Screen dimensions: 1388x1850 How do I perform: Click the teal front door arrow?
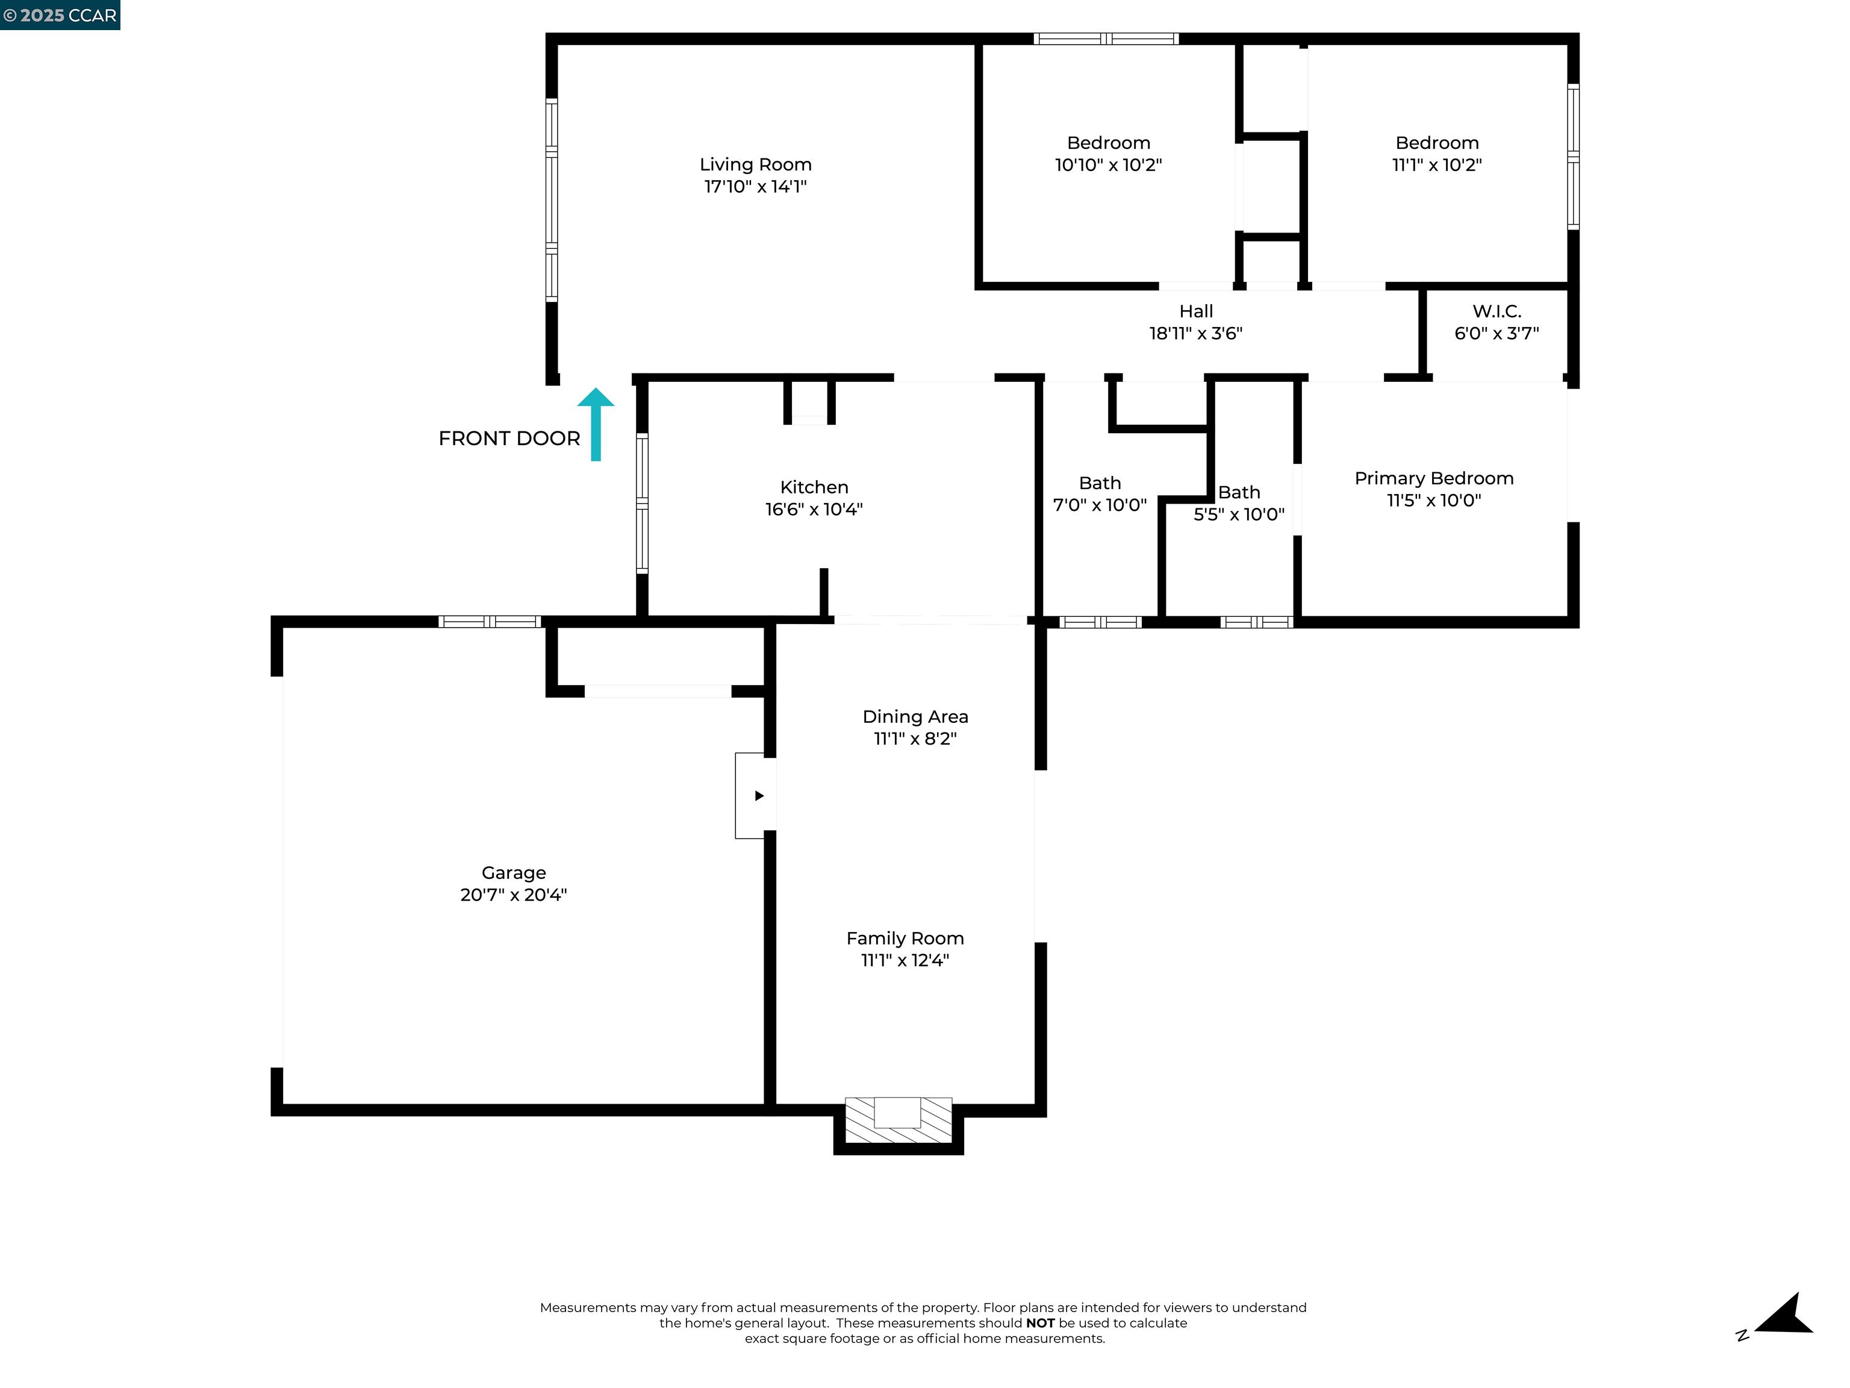(x=596, y=425)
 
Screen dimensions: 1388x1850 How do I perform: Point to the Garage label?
(x=514, y=873)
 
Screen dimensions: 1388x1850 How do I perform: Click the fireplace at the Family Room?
(x=899, y=1121)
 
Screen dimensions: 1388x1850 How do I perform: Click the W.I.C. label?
(x=1497, y=311)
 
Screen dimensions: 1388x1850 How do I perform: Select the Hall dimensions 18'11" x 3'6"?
(x=1195, y=334)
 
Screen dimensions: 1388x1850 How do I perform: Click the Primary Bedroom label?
(x=1433, y=478)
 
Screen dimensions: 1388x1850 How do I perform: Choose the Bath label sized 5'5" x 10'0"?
(x=1239, y=493)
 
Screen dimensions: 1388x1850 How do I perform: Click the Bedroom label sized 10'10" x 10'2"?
(x=1108, y=143)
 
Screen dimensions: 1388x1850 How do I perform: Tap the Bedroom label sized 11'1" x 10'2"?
(x=1437, y=143)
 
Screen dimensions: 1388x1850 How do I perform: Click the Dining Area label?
(x=915, y=717)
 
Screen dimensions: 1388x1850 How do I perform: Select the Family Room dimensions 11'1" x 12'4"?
(x=905, y=960)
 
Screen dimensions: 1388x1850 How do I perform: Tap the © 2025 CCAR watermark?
(x=60, y=15)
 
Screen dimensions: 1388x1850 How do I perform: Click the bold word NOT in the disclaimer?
(x=1039, y=1323)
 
